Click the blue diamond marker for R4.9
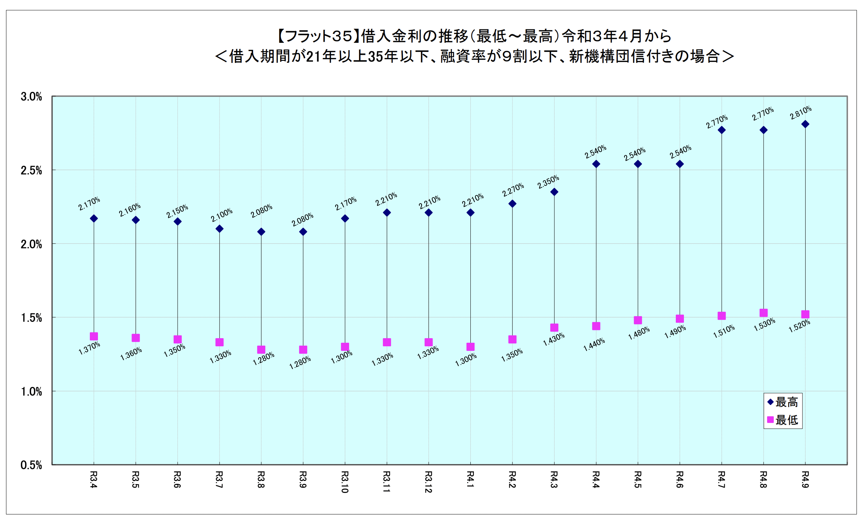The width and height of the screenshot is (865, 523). pyautogui.click(x=805, y=124)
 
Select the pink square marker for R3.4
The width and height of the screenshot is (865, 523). pyautogui.click(x=94, y=336)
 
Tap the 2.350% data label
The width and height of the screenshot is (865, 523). pyautogui.click(x=548, y=182)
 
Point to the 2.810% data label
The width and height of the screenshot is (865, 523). pyautogui.click(x=801, y=113)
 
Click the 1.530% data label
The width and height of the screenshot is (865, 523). pyautogui.click(x=764, y=324)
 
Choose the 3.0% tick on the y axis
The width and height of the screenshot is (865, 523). pyautogui.click(x=31, y=96)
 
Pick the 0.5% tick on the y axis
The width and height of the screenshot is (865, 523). pyautogui.click(x=31, y=465)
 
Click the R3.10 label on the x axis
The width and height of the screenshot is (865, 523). pyautogui.click(x=345, y=482)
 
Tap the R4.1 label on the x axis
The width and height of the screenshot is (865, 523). pyautogui.click(x=470, y=480)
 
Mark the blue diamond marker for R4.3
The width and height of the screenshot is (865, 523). pyautogui.click(x=554, y=192)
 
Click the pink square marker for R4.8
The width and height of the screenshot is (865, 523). pyautogui.click(x=764, y=313)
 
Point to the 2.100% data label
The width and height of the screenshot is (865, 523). pyautogui.click(x=222, y=215)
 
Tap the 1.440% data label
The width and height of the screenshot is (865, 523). pyautogui.click(x=594, y=345)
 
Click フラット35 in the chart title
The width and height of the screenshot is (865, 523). pyautogui.click(x=318, y=36)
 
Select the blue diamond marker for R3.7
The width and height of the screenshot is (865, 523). pyautogui.click(x=219, y=229)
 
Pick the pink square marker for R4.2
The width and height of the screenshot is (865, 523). pyautogui.click(x=512, y=339)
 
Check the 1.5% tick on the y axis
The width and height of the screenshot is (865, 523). pyautogui.click(x=31, y=318)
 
